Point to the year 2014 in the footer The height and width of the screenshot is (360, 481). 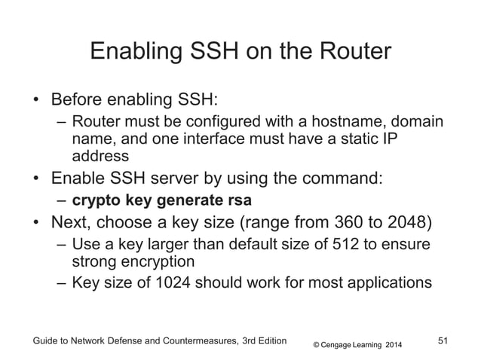[x=394, y=345]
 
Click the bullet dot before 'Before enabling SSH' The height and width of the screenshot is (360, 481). [x=36, y=101]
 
